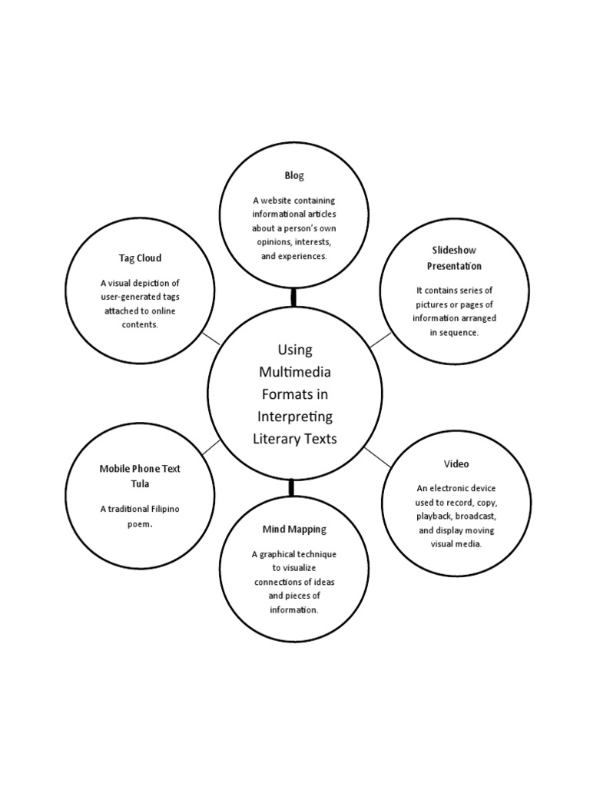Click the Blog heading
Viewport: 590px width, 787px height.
(x=294, y=176)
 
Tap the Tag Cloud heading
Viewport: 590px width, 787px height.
(x=140, y=258)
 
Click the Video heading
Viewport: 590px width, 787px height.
(x=456, y=464)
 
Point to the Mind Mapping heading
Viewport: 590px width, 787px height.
(x=294, y=530)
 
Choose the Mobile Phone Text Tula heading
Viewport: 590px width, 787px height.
(x=140, y=476)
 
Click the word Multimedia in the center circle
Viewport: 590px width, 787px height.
(x=294, y=372)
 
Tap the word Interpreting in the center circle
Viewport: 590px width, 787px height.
(x=294, y=417)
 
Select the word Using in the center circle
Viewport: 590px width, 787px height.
(x=294, y=350)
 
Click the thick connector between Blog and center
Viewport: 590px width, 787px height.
(x=293, y=297)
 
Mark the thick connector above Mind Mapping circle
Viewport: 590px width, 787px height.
(x=293, y=486)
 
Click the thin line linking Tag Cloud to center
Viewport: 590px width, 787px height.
(x=210, y=338)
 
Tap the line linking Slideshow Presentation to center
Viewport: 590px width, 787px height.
(x=380, y=340)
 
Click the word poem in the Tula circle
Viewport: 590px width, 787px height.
(x=139, y=524)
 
